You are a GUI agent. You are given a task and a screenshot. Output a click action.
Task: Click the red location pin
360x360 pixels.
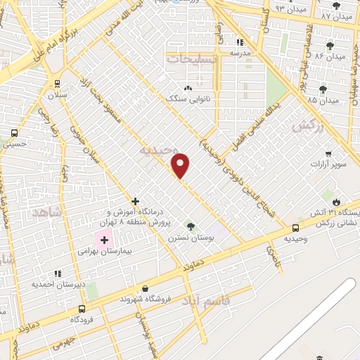(x=181, y=165)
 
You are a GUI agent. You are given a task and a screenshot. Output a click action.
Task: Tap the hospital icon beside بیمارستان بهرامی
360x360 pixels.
(x=105, y=240)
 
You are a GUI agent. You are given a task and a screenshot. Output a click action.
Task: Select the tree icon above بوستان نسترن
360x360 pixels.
(x=190, y=226)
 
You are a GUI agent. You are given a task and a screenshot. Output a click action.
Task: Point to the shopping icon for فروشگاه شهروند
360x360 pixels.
(x=145, y=288)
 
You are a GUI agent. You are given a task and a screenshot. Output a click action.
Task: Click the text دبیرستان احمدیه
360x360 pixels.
(x=57, y=284)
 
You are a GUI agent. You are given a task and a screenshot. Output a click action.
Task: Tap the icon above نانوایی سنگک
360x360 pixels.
(x=188, y=88)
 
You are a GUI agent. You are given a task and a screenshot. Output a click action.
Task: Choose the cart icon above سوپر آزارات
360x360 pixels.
(x=328, y=153)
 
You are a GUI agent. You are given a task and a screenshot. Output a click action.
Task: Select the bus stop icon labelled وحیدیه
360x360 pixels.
(x=295, y=227)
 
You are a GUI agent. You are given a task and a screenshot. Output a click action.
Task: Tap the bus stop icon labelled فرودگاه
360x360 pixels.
(x=82, y=308)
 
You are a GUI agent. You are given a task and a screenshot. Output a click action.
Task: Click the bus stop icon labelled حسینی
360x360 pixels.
(x=14, y=133)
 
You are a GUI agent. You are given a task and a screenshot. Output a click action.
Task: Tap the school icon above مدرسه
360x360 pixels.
(x=240, y=41)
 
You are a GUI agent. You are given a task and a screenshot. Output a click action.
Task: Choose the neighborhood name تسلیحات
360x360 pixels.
(x=192, y=60)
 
